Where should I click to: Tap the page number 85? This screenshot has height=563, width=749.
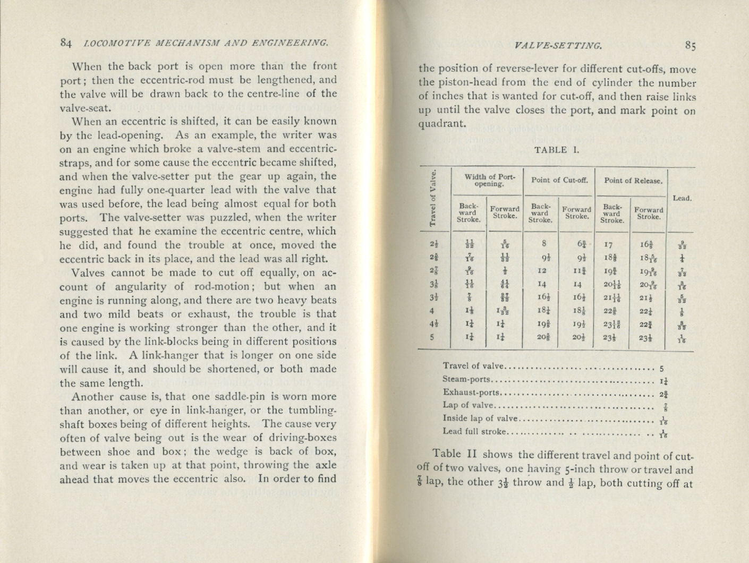click(x=690, y=46)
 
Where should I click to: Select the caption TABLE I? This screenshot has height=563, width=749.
click(x=556, y=149)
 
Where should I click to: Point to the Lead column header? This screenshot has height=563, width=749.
click(x=682, y=198)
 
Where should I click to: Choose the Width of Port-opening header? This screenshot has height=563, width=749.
click(x=487, y=180)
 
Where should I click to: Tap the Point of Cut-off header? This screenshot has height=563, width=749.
click(x=559, y=180)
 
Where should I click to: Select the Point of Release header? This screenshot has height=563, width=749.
click(x=633, y=180)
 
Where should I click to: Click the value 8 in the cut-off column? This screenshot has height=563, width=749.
click(x=542, y=244)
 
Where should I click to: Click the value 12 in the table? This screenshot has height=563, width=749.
click(x=542, y=270)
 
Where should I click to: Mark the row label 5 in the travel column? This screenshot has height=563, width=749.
click(x=432, y=337)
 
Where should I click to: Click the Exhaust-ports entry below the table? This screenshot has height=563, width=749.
click(x=472, y=393)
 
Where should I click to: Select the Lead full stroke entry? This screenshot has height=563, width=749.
click(x=474, y=431)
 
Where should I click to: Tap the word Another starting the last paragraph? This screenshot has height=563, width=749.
click(x=93, y=397)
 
